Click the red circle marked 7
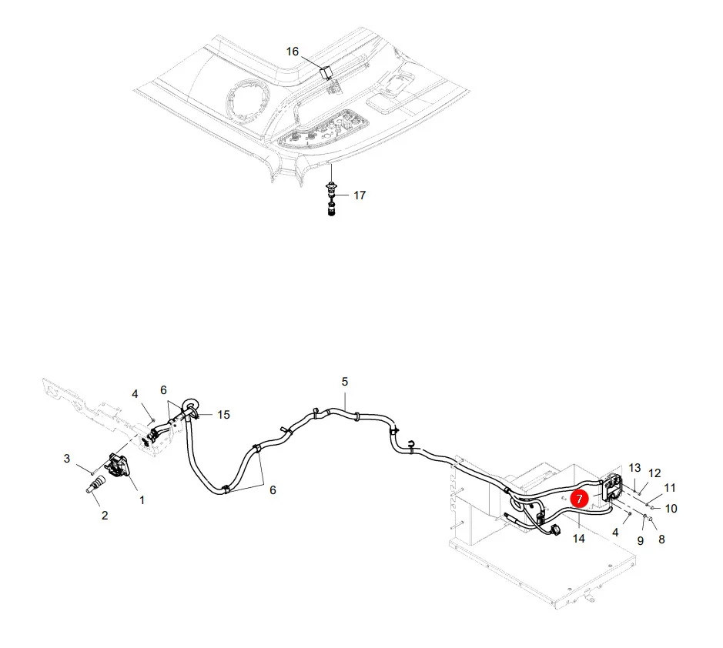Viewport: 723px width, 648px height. (x=579, y=498)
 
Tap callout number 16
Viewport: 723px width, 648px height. (x=293, y=51)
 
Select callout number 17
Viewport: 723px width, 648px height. (x=360, y=195)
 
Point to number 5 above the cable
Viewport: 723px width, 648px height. (x=345, y=382)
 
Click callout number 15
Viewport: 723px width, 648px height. (x=223, y=415)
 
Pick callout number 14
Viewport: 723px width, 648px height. (x=579, y=538)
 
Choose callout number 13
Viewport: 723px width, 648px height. (x=634, y=468)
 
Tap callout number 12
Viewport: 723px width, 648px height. (x=654, y=473)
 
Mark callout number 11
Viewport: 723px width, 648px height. (x=670, y=488)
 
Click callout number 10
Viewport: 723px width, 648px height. (x=671, y=509)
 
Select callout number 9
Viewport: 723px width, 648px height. (x=640, y=540)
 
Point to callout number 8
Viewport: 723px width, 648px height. (x=661, y=539)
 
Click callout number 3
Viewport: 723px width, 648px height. (x=67, y=459)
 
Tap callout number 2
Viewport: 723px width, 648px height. (x=105, y=516)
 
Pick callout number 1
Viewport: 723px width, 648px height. (x=142, y=500)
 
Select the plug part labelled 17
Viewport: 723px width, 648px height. (x=331, y=199)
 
